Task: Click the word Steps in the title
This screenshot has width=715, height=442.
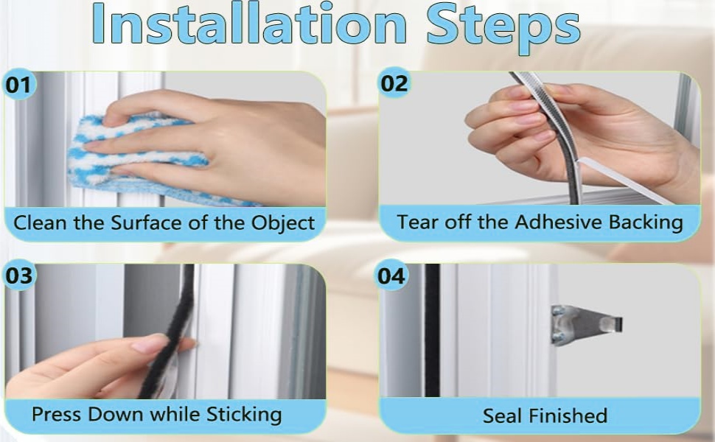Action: pyautogui.click(x=503, y=25)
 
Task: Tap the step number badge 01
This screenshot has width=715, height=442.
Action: pyautogui.click(x=20, y=85)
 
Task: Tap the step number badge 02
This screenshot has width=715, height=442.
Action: pyautogui.click(x=394, y=83)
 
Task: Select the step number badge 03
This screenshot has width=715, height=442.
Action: pyautogui.click(x=20, y=276)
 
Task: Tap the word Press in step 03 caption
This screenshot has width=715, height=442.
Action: pyautogui.click(x=56, y=414)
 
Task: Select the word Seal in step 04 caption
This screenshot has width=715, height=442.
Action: pyautogui.click(x=501, y=415)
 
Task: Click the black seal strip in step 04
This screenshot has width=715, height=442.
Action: pyautogui.click(x=432, y=331)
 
